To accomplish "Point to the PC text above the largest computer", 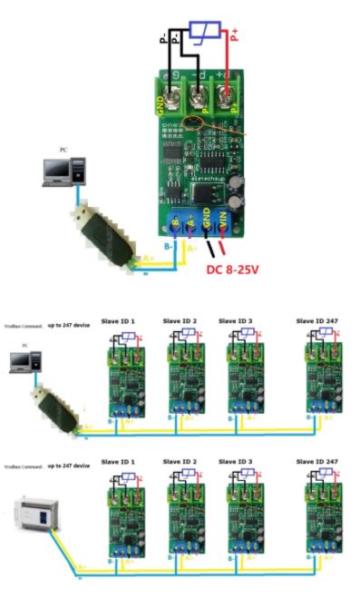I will click(x=62, y=149).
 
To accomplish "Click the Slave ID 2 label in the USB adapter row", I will click(x=180, y=321).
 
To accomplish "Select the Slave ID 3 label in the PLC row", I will click(x=238, y=463).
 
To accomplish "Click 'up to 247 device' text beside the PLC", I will click(x=67, y=465).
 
